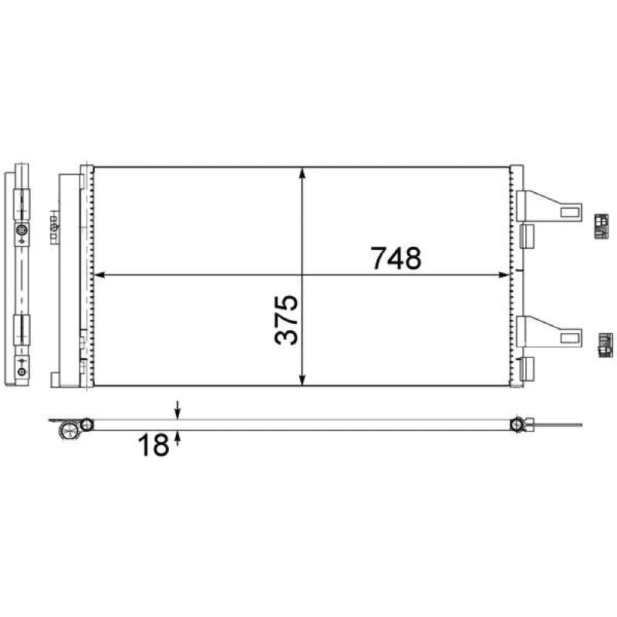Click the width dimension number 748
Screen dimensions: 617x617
(396, 258)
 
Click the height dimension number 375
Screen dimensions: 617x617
(286, 319)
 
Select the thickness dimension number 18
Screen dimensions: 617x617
(153, 445)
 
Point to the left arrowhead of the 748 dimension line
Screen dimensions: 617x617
(100, 275)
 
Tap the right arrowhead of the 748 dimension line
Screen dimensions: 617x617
(504, 275)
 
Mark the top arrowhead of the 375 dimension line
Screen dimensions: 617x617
(302, 173)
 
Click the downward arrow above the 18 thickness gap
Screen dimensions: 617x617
(177, 410)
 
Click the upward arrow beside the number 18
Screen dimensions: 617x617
(177, 438)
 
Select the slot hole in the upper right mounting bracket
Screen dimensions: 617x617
(570, 212)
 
